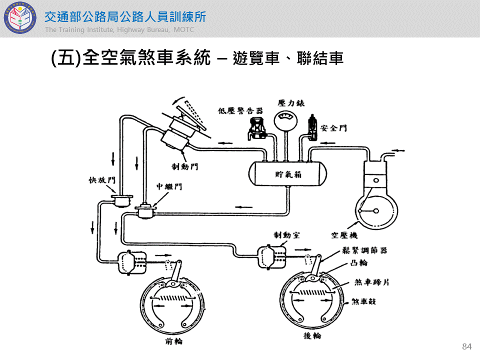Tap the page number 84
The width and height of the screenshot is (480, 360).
467,347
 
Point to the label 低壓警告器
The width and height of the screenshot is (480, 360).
233,110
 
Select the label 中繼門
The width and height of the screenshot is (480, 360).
169,186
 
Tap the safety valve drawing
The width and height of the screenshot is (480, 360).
313,127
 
